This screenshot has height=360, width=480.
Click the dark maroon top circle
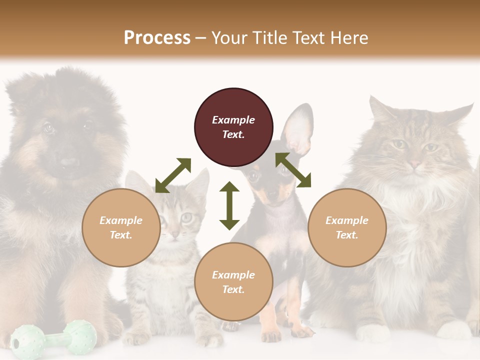point(233,127)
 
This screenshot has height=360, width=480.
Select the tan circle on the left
point(121,227)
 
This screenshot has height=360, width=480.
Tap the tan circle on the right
point(347,227)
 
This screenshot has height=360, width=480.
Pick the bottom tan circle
point(233,281)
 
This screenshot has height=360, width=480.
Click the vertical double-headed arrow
point(229,205)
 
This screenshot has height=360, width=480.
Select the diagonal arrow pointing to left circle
point(173,175)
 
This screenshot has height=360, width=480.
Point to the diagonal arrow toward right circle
point(293,170)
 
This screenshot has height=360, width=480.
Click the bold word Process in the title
point(157,37)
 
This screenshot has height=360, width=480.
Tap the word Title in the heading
point(270,37)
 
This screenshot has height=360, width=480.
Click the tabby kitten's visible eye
point(186,217)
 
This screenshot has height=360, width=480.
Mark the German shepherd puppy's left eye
point(48,128)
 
